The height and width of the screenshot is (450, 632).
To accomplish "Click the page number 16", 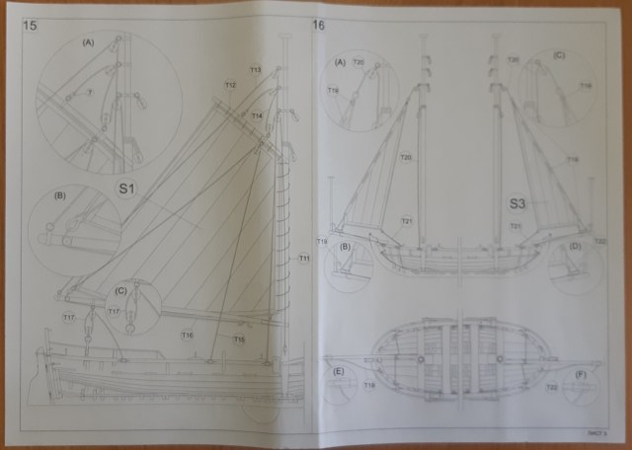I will click(318, 24).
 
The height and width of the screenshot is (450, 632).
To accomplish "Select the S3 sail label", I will click(521, 204).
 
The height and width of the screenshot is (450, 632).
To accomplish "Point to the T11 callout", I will click(303, 259).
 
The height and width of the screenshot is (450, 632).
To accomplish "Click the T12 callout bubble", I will click(230, 85).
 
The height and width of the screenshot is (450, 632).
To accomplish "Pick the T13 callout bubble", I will click(255, 70).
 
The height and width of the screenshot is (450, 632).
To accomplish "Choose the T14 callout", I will click(257, 115).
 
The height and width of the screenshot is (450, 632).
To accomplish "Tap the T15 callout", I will click(239, 338).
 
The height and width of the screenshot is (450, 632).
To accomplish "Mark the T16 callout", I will click(187, 336).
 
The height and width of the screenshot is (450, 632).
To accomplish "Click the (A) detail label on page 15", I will click(89, 41).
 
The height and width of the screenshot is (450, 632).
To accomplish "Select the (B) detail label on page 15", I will click(59, 195).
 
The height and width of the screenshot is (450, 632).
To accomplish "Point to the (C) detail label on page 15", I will click(120, 290).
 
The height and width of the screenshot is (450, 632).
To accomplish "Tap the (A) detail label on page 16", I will click(341, 61).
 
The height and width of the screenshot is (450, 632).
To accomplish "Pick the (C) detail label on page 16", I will click(559, 56).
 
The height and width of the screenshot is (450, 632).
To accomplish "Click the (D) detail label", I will click(576, 247).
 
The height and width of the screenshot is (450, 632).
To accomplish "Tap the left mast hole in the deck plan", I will click(421, 358).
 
